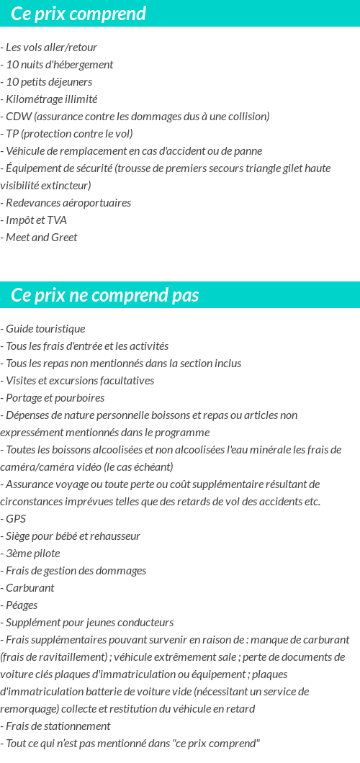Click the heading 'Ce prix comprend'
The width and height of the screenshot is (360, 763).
pyautogui.click(x=78, y=14)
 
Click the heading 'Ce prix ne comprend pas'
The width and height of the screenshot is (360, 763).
pyautogui.click(x=105, y=295)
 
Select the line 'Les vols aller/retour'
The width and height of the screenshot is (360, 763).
pyautogui.click(x=51, y=48)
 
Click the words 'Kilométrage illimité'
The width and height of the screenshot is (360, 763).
pyautogui.click(x=51, y=99)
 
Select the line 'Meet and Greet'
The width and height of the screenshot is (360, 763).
pyautogui.click(x=41, y=238)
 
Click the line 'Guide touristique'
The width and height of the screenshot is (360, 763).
pyautogui.click(x=45, y=329)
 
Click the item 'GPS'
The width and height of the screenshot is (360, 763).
pyautogui.click(x=16, y=519)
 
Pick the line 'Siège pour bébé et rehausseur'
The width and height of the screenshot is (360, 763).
pyautogui.click(x=73, y=536)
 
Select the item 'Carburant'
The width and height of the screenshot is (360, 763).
pyautogui.click(x=30, y=588)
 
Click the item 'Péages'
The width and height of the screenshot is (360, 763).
pyautogui.click(x=22, y=605)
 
